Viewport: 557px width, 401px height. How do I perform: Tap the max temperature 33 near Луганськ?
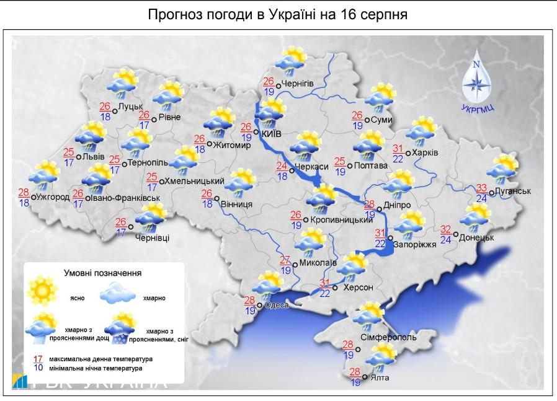pyautogui.click(x=481, y=188)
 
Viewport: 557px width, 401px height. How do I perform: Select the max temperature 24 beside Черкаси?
pyautogui.click(x=283, y=166)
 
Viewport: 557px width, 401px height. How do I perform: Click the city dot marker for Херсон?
pyautogui.click(x=335, y=288)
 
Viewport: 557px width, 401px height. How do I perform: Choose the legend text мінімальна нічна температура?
pyautogui.click(x=101, y=368)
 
